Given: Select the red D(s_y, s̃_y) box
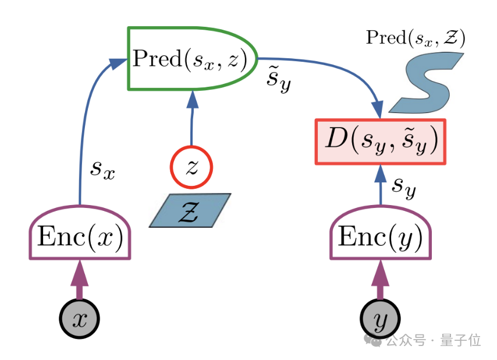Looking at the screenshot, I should tap(381, 142).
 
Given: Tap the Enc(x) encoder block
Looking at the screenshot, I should tap(80, 236).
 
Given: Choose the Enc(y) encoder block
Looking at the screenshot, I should tap(381, 236).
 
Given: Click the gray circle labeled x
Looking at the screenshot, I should tap(80, 319).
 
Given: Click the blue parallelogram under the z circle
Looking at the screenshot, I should tap(190, 210).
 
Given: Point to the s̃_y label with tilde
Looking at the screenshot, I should tap(278, 81).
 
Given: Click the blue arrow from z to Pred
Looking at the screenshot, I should tap(191, 119).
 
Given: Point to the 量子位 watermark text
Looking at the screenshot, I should tap(460, 340).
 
